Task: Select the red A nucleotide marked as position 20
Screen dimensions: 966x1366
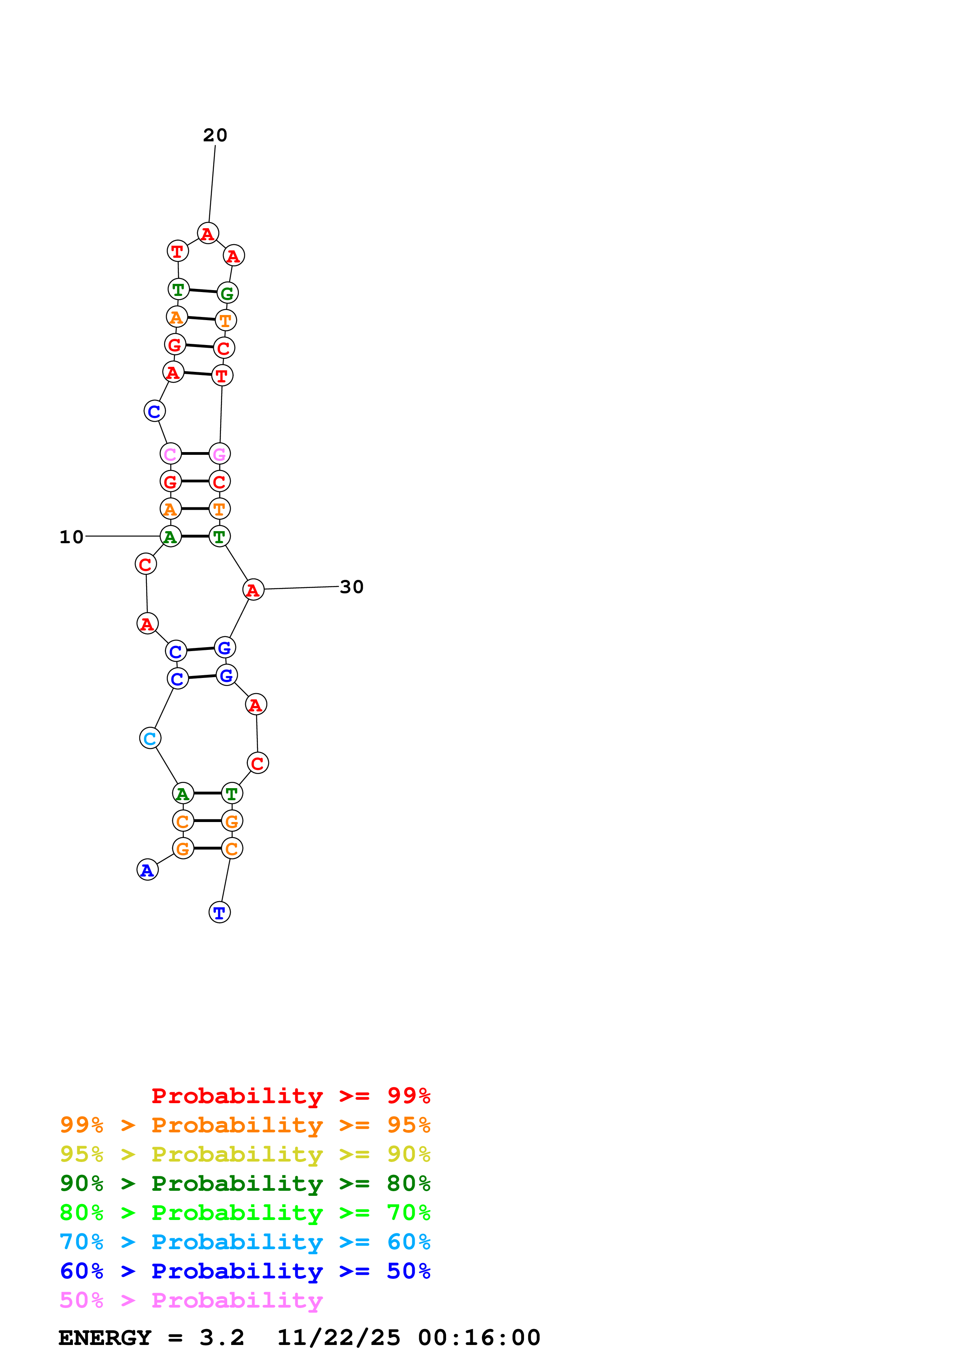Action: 208,233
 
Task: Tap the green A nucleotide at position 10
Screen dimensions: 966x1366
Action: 171,537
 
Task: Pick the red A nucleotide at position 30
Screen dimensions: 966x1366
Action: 254,590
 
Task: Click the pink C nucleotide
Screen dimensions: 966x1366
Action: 171,454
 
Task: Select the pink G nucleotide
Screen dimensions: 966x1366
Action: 220,454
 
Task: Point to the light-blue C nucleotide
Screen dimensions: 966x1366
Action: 150,738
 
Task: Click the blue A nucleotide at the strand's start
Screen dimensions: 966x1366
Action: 148,870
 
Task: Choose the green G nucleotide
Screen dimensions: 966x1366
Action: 227,293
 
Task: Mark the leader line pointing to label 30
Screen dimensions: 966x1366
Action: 301,588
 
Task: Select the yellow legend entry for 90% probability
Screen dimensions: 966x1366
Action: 245,1154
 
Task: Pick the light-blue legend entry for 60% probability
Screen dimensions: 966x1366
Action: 245,1242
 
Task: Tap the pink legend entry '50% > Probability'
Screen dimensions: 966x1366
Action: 191,1300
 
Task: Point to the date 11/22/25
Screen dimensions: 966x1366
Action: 339,1338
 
